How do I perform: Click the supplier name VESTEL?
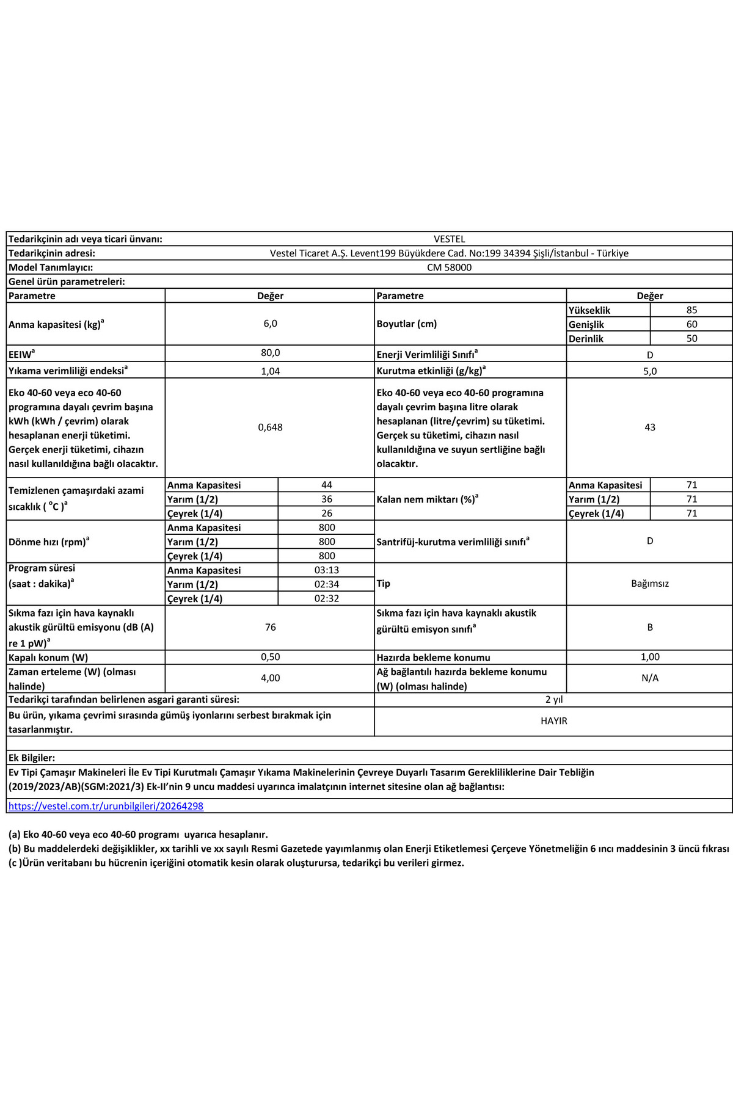449,239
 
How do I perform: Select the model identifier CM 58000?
449,267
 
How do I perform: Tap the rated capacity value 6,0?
270,324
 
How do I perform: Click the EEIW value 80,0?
270,353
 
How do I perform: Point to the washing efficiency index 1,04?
270,371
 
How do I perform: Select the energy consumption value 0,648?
270,427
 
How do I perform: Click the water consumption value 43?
649,427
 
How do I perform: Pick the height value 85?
691,310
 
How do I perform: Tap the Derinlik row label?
586,339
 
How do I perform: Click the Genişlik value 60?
691,324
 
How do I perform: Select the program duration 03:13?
326,570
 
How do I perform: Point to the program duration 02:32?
326,599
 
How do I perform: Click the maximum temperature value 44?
326,485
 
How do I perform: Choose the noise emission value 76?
270,628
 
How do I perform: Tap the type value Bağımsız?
649,584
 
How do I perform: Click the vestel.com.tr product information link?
106,806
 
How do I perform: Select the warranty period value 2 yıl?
553,700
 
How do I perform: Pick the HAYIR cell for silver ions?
553,721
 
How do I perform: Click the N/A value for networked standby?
649,678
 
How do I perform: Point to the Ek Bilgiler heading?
32,758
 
